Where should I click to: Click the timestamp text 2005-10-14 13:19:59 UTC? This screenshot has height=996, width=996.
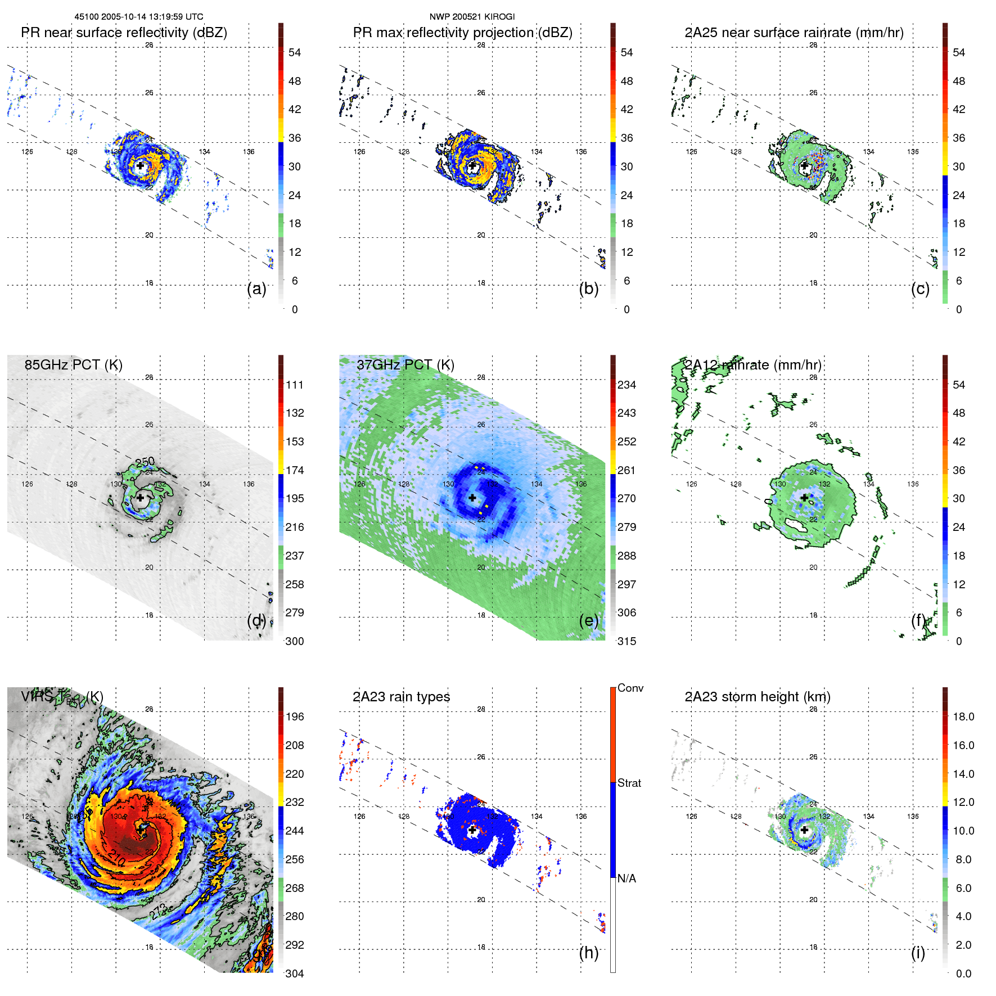[x=152, y=17]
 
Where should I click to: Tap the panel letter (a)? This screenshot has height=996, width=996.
[x=256, y=289]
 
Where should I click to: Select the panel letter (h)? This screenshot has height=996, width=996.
[x=588, y=952]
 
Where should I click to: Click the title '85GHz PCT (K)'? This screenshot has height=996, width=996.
[x=73, y=364]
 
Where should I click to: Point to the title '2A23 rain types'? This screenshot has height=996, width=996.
[x=401, y=697]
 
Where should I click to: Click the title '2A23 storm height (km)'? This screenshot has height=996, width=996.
[x=757, y=697]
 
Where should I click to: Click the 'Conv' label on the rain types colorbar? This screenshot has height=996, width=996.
[x=630, y=688]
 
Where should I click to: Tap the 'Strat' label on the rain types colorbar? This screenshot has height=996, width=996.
[x=629, y=783]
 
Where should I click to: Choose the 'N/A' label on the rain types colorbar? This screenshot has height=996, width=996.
[x=627, y=878]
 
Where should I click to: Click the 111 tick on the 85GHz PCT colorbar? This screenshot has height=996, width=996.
[x=294, y=385]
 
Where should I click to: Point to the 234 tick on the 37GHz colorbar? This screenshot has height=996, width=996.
[x=627, y=385]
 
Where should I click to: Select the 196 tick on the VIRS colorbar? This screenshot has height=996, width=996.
[x=294, y=716]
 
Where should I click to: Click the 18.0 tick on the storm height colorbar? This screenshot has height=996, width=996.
[x=963, y=716]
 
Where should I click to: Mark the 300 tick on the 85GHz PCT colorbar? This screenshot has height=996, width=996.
[x=294, y=641]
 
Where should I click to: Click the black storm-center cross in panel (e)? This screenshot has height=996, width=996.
[x=472, y=498]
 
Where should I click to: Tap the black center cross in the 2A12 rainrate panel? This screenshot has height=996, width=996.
[x=805, y=498]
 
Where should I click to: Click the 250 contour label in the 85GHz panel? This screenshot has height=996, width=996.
[x=145, y=462]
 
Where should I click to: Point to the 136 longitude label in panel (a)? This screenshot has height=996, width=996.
[x=249, y=152]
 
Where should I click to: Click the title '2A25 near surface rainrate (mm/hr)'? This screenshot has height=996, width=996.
[x=794, y=33]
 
